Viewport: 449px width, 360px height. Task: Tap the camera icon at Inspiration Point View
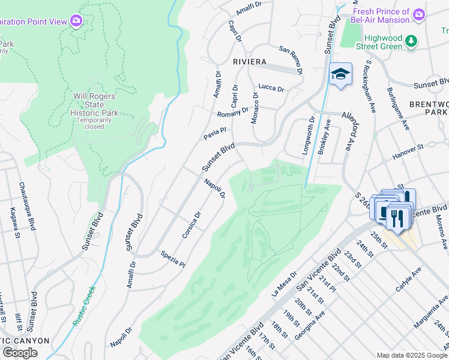pos(76,21)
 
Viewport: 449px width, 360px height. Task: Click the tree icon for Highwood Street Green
pos(411,41)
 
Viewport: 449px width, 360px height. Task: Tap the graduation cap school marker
pos(340,74)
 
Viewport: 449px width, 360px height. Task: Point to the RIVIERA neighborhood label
pos(250,62)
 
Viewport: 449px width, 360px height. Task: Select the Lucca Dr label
pos(271,88)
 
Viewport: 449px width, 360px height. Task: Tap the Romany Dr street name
pos(232,112)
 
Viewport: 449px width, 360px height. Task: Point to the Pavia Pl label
pos(214,133)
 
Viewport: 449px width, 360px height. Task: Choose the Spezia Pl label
pos(173,259)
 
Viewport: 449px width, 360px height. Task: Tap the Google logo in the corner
pos(20,353)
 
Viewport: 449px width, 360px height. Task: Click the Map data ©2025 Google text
pos(411,355)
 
